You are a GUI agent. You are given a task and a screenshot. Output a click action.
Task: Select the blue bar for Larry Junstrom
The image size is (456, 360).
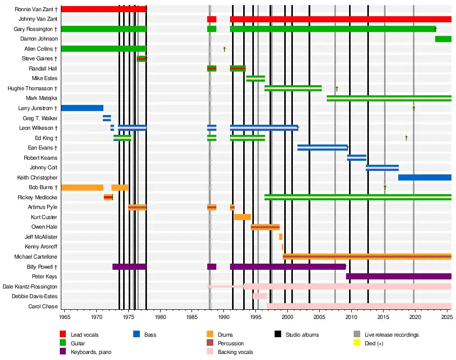point(82,108)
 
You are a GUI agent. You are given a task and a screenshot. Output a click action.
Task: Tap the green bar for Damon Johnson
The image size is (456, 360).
point(443,39)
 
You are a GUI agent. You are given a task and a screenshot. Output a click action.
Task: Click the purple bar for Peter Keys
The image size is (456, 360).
point(398,276)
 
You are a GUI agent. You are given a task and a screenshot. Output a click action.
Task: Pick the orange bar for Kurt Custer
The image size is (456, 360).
point(242,217)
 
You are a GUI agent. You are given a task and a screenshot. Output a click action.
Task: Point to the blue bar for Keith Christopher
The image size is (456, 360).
point(425,177)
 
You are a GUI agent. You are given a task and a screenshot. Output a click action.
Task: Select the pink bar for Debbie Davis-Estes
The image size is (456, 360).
point(260,296)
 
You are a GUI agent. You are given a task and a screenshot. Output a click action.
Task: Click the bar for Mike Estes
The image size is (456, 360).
point(255,79)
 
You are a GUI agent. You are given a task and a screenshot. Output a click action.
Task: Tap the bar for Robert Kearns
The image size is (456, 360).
point(356,158)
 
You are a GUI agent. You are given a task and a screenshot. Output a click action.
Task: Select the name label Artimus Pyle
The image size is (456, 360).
point(43,207)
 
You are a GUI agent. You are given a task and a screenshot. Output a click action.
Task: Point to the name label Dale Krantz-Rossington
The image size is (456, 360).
point(30,286)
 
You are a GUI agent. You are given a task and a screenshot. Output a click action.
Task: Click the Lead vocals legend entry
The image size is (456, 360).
point(84,335)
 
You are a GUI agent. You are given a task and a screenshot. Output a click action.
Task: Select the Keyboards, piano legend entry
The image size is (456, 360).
point(91,352)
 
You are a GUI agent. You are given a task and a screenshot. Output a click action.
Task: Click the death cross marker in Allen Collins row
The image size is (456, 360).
point(224,49)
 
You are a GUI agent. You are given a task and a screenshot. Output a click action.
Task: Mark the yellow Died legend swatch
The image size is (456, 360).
point(357,343)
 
